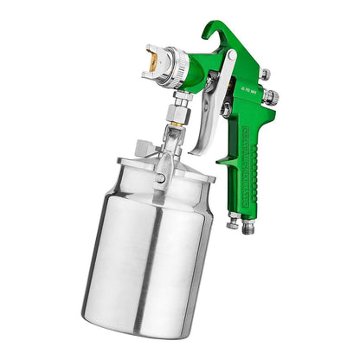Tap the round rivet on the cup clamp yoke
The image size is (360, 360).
[x=161, y=178]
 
